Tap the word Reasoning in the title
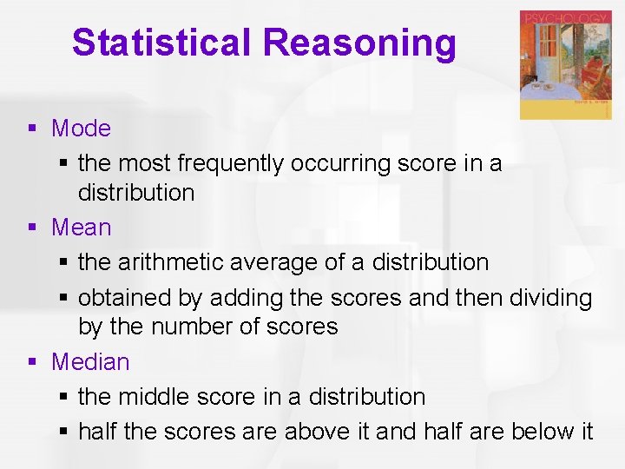click(x=359, y=43)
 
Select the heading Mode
click(x=81, y=129)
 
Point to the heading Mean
click(x=82, y=228)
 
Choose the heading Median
click(x=90, y=362)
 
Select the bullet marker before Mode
click(x=32, y=129)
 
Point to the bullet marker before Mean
click(x=32, y=228)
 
